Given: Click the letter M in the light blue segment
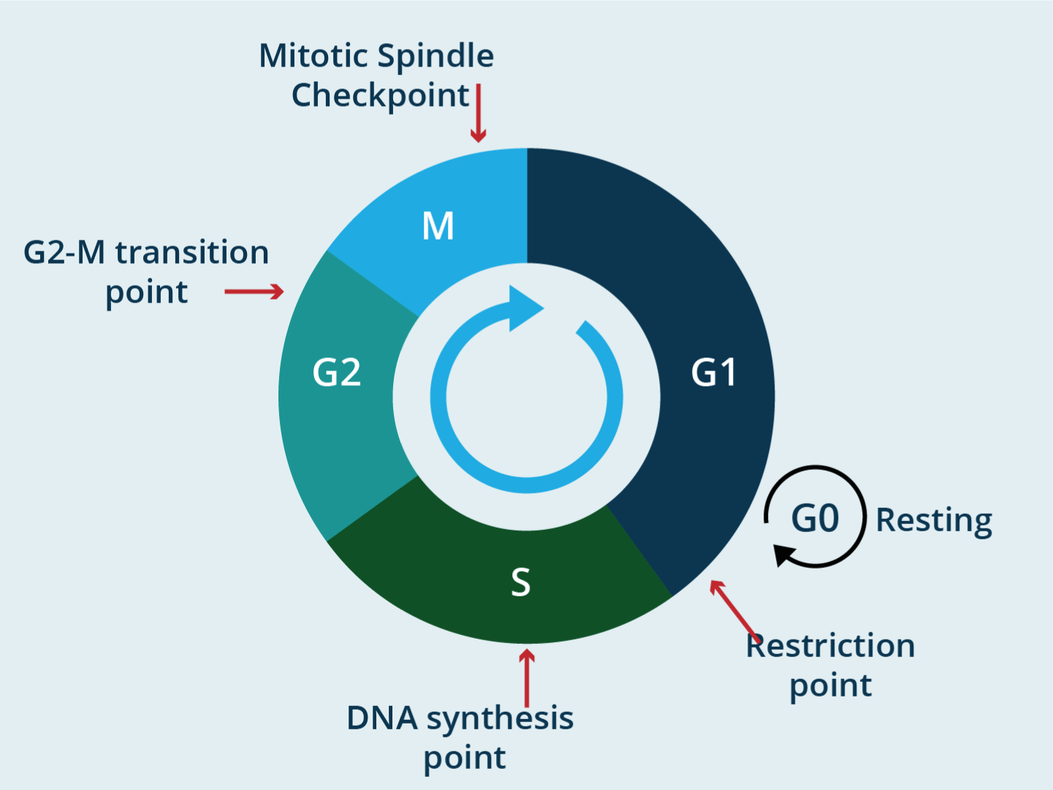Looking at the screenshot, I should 438,226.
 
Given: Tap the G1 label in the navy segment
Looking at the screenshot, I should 714,373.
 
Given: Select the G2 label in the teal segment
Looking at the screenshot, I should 337,373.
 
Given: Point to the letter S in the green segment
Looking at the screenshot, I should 520,582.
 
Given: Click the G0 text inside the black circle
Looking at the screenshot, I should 816,520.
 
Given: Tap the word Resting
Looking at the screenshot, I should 934,521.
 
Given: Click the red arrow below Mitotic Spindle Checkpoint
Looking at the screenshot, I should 479,114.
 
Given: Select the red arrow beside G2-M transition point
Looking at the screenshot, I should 254,292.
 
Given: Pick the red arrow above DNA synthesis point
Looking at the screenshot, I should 527,677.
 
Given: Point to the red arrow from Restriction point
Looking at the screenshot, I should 734,607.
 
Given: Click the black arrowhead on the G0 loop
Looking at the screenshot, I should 784,555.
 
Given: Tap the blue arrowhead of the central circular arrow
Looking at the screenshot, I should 524,308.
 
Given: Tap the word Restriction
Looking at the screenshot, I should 830,646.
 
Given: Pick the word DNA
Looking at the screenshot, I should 382,718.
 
